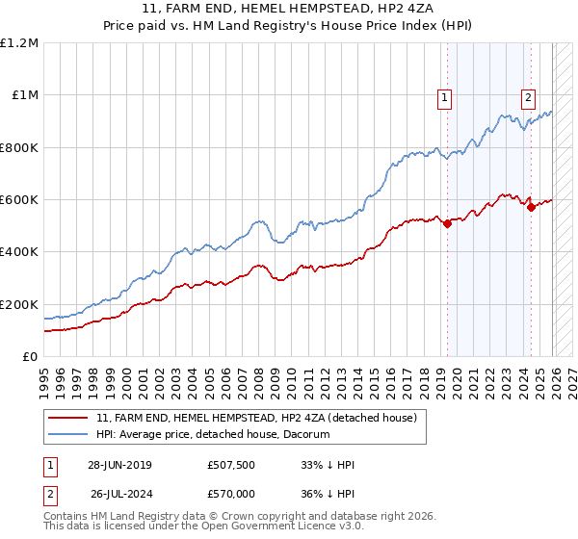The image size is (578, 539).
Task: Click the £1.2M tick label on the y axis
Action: pyautogui.click(x=19, y=43)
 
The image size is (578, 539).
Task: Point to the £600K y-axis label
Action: pyautogui.click(x=19, y=200)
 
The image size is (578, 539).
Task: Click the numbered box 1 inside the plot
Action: pyautogui.click(x=444, y=96)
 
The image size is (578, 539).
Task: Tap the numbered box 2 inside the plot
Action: pyautogui.click(x=529, y=96)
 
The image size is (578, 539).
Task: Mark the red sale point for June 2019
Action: pyautogui.click(x=447, y=224)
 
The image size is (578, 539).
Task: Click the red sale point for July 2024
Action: pyautogui.click(x=531, y=208)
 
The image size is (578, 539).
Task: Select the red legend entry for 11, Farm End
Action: pyautogui.click(x=256, y=418)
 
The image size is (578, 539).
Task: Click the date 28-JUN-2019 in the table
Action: pyautogui.click(x=119, y=465)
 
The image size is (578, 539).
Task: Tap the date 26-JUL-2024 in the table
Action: pyautogui.click(x=119, y=494)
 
